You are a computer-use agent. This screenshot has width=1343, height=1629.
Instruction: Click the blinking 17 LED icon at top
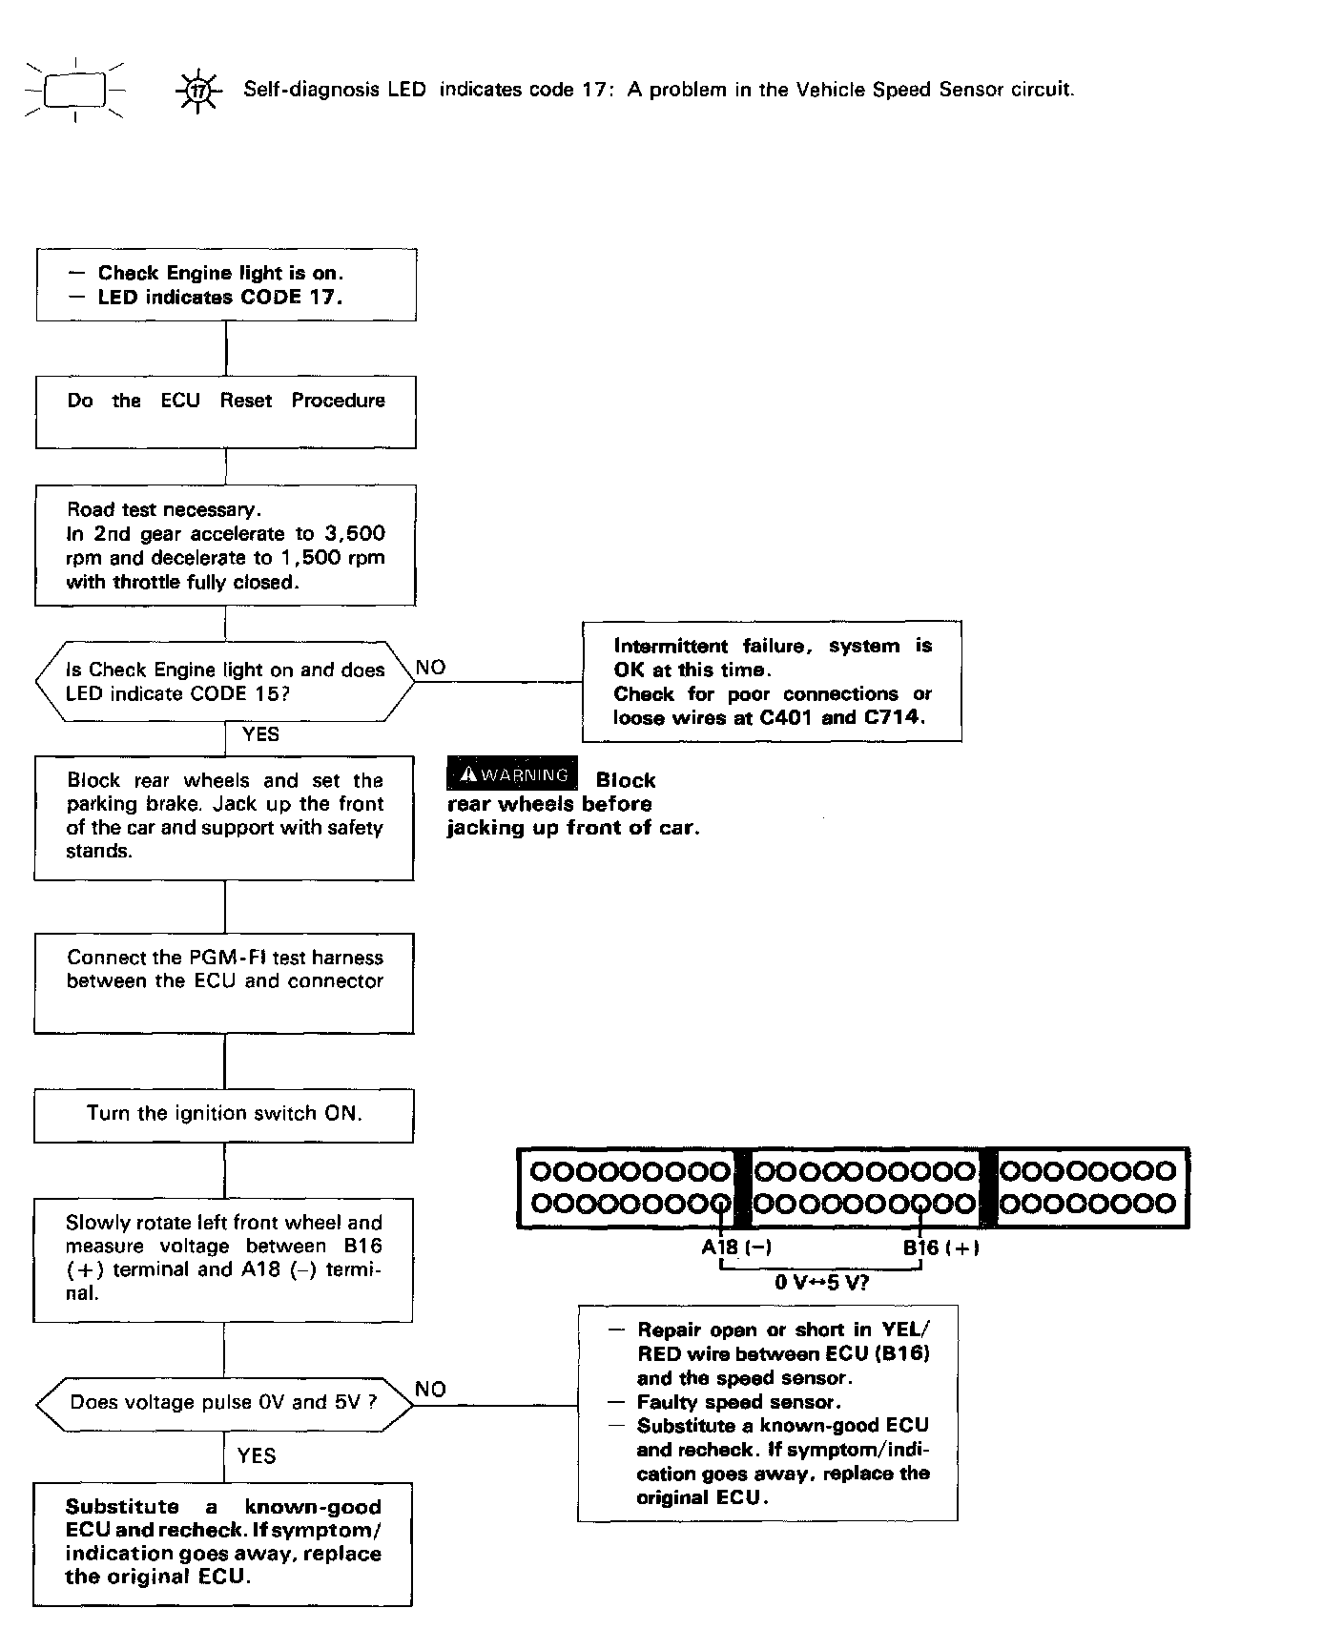point(197,92)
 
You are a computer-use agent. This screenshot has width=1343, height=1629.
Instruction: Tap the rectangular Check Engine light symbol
point(74,90)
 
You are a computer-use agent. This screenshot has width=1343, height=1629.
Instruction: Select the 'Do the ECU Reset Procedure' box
point(226,412)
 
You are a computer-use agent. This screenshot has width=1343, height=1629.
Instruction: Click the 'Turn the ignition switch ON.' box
point(224,1115)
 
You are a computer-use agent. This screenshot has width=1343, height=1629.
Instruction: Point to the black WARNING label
point(512,774)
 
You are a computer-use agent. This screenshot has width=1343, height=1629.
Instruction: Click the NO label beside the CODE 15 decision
point(431,668)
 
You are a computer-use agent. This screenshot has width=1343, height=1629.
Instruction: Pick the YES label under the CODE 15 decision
point(261,734)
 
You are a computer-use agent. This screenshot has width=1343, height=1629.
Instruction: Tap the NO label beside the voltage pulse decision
point(431,1390)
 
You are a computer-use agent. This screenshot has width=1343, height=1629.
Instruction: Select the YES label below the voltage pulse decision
point(257,1455)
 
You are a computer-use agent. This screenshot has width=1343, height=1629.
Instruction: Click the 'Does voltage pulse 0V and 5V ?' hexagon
point(224,1403)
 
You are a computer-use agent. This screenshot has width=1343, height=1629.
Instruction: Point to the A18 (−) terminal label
point(736,1248)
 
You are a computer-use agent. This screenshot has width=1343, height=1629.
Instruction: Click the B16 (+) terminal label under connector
point(940,1248)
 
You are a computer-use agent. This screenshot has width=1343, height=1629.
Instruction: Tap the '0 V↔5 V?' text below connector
point(821,1283)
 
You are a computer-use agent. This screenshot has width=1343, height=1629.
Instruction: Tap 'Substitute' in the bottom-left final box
point(122,1507)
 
